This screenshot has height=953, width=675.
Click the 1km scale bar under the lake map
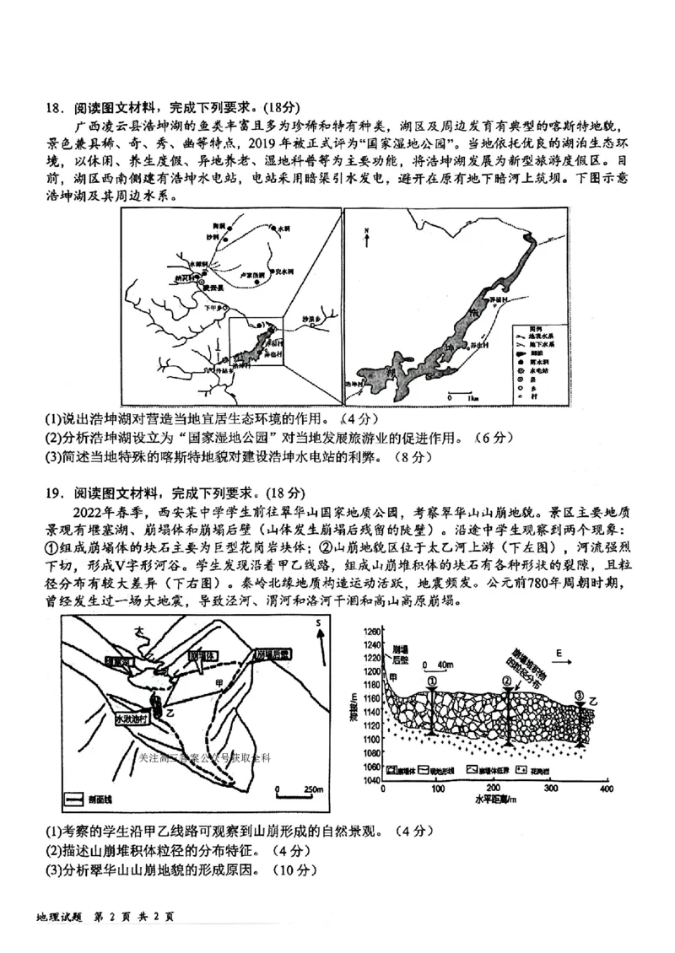(x=462, y=392)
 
